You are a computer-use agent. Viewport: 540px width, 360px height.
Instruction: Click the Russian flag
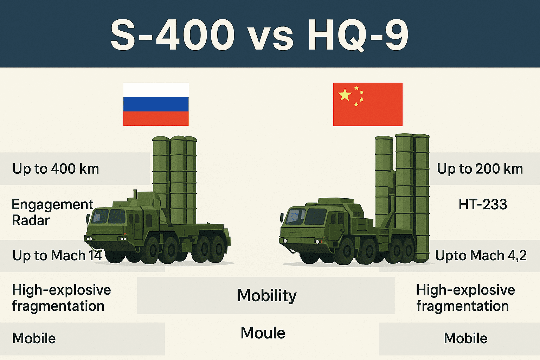click(x=156, y=104)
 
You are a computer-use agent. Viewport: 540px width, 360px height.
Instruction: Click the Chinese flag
click(x=368, y=104)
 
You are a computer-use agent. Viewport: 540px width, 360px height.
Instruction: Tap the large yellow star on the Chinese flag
click(x=345, y=95)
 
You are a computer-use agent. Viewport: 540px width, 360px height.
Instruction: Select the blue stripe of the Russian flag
click(x=156, y=104)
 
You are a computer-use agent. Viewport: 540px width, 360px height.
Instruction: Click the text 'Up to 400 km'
click(x=56, y=169)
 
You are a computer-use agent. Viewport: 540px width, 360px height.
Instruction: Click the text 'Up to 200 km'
click(x=480, y=169)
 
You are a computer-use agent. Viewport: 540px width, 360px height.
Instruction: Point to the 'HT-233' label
click(x=483, y=204)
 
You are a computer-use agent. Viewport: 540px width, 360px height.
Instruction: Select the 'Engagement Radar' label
click(x=52, y=212)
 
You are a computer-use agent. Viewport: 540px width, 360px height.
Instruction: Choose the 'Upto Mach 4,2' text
click(x=481, y=256)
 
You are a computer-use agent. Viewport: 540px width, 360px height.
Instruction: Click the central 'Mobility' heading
click(x=267, y=295)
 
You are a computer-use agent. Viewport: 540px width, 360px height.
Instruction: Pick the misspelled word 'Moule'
click(x=263, y=333)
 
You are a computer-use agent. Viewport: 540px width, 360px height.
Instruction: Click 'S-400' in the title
click(x=172, y=35)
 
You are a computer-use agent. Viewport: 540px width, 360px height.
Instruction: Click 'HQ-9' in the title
click(x=358, y=35)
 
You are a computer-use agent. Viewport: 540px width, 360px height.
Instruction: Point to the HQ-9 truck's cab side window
click(x=315, y=216)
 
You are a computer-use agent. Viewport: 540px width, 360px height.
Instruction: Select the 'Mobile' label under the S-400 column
click(x=34, y=338)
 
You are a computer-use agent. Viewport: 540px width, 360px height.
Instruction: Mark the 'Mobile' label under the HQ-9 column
click(x=465, y=338)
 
